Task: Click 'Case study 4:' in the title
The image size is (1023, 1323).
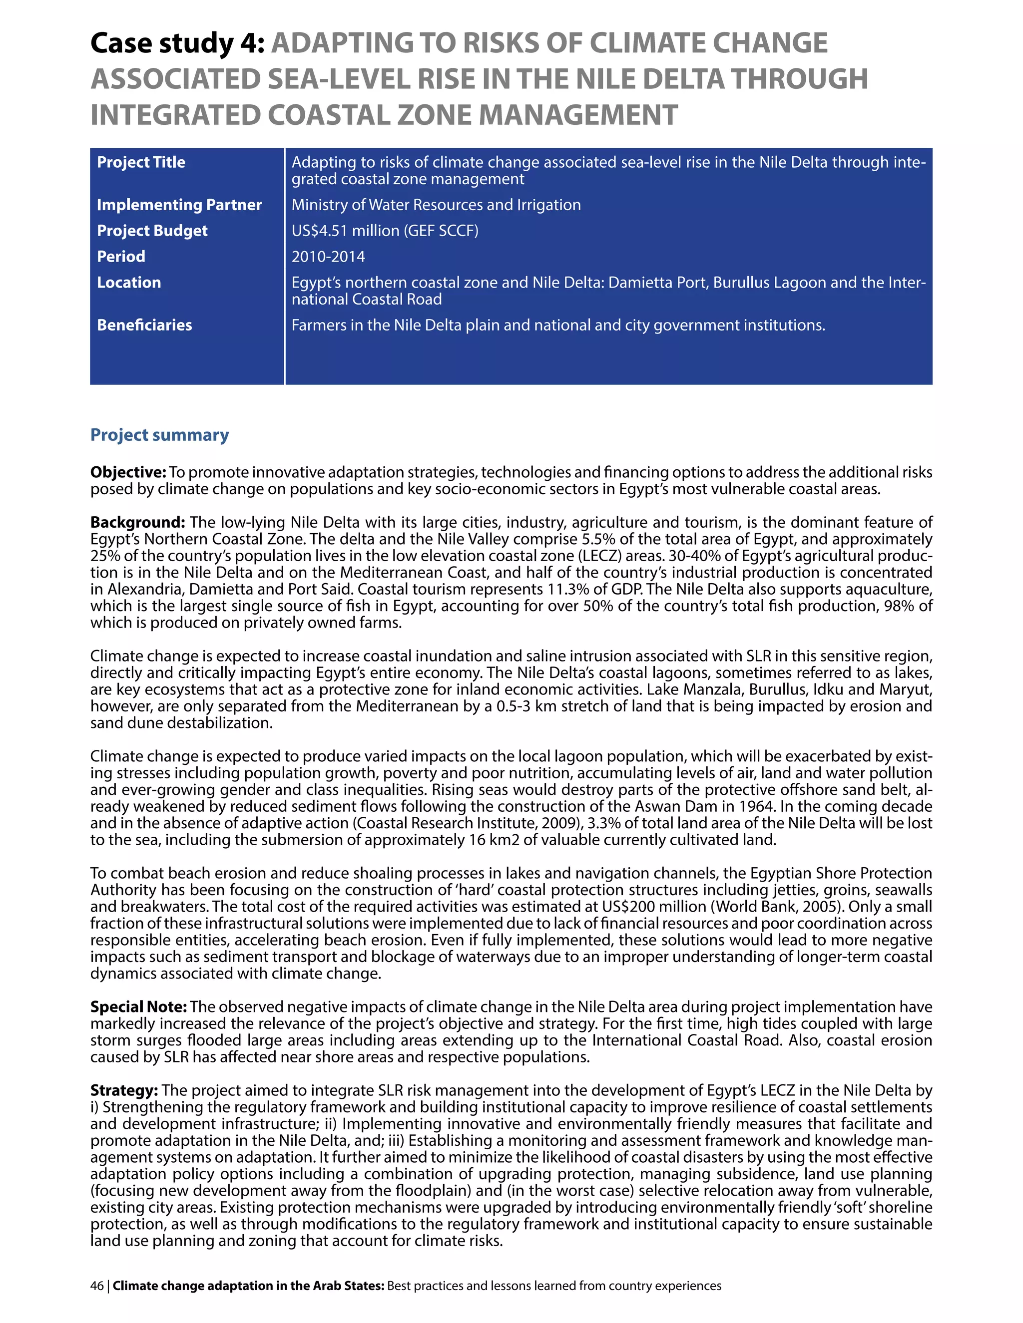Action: click(177, 43)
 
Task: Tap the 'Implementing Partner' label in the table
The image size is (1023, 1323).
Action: click(179, 205)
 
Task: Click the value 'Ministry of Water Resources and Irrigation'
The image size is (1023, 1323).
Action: click(436, 205)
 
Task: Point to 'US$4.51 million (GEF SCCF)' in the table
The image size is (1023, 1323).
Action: click(385, 231)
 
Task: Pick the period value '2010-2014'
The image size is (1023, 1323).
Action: click(328, 257)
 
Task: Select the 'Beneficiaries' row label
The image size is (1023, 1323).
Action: click(144, 326)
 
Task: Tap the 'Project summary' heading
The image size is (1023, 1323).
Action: click(159, 435)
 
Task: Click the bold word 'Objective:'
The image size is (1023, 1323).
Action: click(128, 472)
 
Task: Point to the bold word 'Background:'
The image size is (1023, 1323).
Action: click(137, 522)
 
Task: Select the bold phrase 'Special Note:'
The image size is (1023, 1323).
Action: click(139, 1007)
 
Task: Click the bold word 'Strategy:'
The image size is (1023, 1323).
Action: click(124, 1090)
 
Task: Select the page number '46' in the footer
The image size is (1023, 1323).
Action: click(96, 1286)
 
